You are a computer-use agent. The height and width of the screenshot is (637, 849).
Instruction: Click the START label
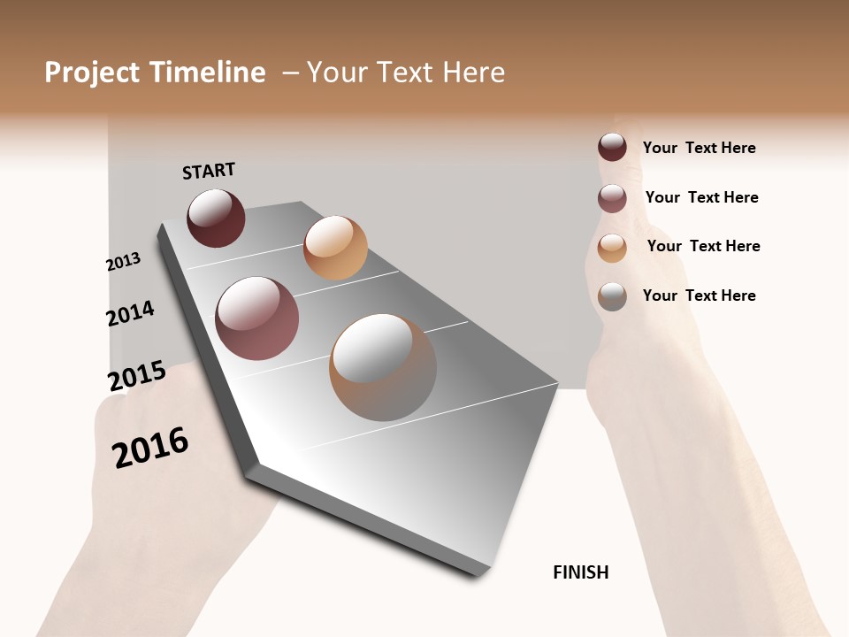tap(209, 171)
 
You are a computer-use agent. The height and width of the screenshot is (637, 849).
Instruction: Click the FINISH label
tap(581, 572)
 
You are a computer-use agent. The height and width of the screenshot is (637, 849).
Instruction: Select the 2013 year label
tap(123, 262)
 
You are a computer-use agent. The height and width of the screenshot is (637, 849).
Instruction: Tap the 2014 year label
tap(130, 313)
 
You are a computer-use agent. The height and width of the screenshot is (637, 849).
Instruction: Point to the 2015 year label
tap(137, 376)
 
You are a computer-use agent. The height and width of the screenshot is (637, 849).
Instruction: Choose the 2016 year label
tap(150, 447)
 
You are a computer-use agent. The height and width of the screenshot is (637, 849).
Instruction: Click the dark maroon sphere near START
tap(216, 218)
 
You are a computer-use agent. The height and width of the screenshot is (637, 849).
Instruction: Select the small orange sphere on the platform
tap(335, 248)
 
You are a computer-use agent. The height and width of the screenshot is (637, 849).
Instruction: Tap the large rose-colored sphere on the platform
tap(257, 318)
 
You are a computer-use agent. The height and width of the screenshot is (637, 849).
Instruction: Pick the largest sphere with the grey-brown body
tap(383, 367)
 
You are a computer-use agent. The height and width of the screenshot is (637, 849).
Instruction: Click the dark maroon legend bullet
tap(612, 147)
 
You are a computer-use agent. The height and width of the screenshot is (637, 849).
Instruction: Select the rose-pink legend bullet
tap(612, 198)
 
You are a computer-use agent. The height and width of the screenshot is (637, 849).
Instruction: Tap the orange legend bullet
tap(612, 248)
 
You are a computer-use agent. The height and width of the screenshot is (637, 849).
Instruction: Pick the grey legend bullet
tap(612, 296)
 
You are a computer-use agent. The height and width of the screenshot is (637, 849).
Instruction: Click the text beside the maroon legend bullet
tap(699, 148)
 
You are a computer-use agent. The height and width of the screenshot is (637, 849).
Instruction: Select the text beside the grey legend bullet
tap(699, 295)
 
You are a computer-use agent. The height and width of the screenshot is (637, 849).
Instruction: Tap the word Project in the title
tap(93, 73)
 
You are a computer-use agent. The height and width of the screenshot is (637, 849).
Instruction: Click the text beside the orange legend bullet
tap(703, 246)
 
